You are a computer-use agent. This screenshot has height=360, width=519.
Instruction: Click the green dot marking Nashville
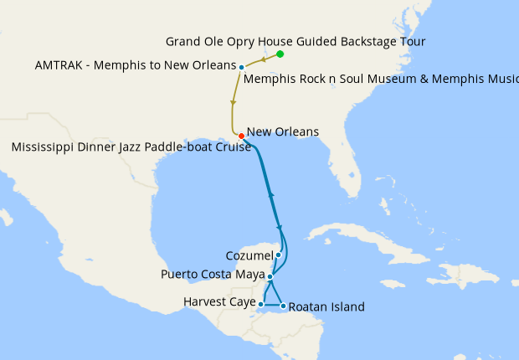pos(280,54)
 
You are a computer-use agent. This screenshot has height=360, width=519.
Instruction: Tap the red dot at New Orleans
pos(241,136)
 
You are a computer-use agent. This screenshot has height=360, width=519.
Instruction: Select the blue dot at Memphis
pos(241,67)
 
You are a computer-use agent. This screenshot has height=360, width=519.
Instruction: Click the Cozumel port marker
pos(278,255)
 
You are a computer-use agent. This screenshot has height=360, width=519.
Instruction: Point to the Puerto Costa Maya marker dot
pos(270,275)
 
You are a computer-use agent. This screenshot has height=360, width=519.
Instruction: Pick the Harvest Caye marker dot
pos(261,305)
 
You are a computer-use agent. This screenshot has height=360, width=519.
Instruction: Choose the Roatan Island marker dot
pos(283,306)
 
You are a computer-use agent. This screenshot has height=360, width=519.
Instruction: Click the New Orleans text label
pos(283,132)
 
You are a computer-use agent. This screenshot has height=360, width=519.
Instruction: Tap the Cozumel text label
pos(249,255)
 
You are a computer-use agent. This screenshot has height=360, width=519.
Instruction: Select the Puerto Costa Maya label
pos(212,275)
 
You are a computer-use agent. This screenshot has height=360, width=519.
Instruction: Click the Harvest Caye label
pos(218,301)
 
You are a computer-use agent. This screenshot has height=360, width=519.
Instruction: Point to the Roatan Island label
pos(326,307)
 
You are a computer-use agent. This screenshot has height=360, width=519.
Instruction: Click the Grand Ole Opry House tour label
pos(295,41)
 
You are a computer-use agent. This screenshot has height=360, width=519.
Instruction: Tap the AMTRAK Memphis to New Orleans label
pos(136,65)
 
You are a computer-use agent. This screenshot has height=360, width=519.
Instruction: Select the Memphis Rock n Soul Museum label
pos(381,81)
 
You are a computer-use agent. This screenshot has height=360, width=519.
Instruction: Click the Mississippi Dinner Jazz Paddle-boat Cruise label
pos(131,148)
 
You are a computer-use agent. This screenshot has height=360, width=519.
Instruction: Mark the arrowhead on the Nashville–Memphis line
pos(264,59)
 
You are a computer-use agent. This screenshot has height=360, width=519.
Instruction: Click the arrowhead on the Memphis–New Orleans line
pos(233,102)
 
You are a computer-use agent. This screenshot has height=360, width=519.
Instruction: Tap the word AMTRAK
pos(59,65)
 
